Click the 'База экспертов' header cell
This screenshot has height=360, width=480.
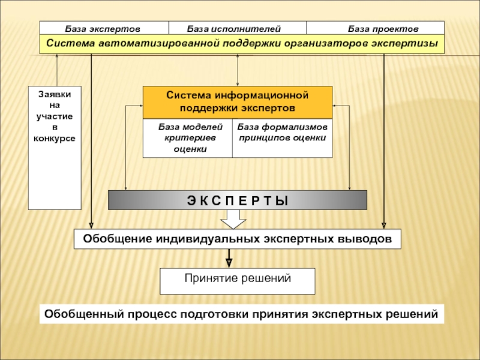(103, 28)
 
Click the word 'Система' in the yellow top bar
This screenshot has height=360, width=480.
(69, 44)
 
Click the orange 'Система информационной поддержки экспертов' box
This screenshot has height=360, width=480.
(237, 102)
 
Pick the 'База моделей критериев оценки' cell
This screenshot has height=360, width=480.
(187, 138)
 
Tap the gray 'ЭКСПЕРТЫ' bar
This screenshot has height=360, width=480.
(237, 200)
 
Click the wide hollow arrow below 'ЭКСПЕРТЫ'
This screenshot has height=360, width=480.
(233, 223)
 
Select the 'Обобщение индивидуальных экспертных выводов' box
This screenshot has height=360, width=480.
(237, 239)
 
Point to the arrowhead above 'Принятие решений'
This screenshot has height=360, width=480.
(228, 262)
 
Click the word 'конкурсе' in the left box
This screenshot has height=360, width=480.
(55, 138)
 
